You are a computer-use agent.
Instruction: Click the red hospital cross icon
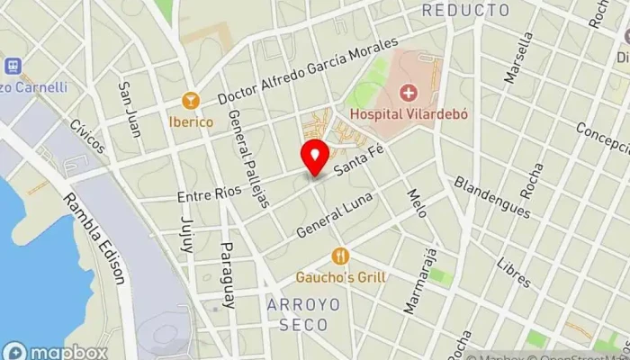pos(409,93)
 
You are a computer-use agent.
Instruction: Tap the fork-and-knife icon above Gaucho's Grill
pos(340,256)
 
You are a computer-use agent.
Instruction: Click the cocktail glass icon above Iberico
pos(190,98)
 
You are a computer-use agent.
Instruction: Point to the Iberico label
pos(190,120)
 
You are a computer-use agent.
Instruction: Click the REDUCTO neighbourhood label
pos(464,11)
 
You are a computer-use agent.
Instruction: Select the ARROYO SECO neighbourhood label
pos(303,313)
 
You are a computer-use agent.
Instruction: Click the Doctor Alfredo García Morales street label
pos(307,71)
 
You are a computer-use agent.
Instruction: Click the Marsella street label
pos(517,59)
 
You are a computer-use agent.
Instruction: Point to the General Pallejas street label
pos(249,158)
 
